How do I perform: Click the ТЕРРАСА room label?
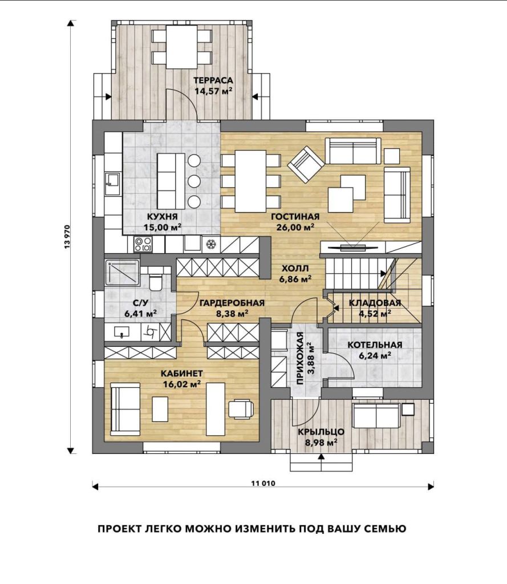pyautogui.click(x=213, y=80)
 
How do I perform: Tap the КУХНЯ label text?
pyautogui.click(x=162, y=217)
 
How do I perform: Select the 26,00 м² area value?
pyautogui.click(x=295, y=227)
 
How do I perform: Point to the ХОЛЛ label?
pyautogui.click(x=295, y=268)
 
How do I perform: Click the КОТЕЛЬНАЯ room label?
pyautogui.click(x=375, y=345)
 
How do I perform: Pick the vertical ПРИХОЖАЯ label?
pyautogui.click(x=300, y=358)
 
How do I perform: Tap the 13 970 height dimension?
pyautogui.click(x=67, y=237)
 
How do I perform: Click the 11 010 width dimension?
pyautogui.click(x=263, y=484)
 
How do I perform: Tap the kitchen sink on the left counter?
pyautogui.click(x=112, y=184)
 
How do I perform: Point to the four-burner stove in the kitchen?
pyautogui.click(x=143, y=244)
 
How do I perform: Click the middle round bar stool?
pyautogui.click(x=194, y=181)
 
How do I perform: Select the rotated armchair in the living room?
pyautogui.click(x=307, y=163)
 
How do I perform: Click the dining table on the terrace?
pyautogui.click(x=181, y=47)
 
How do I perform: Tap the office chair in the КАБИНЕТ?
pyautogui.click(x=241, y=409)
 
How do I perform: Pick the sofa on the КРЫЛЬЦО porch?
pyautogui.click(x=376, y=416)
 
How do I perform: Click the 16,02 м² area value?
pyautogui.click(x=182, y=384)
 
